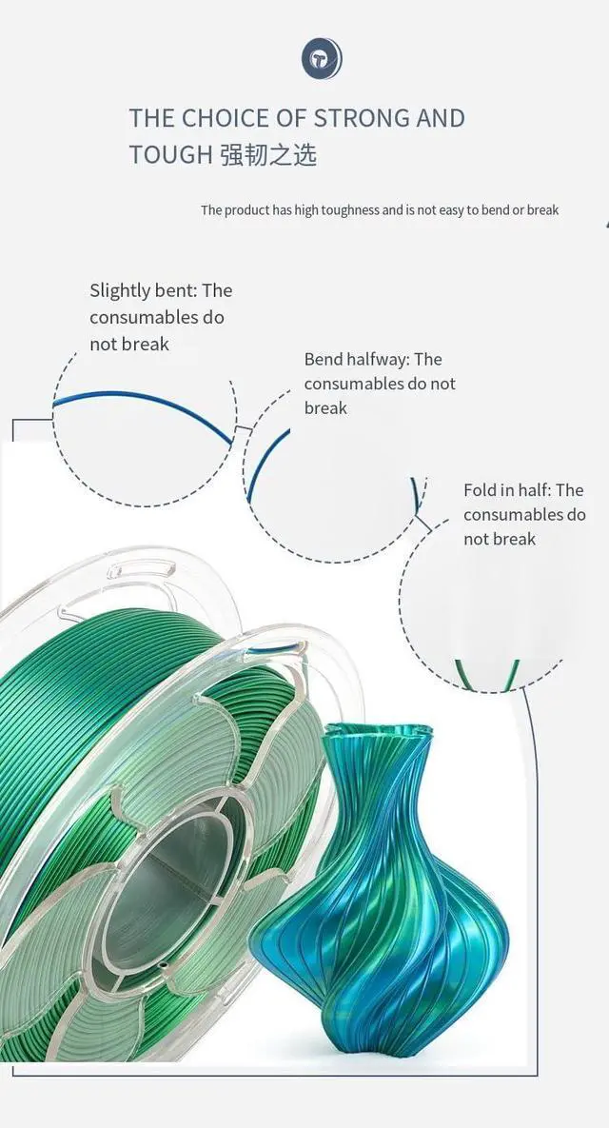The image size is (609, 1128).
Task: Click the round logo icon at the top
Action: point(321,60)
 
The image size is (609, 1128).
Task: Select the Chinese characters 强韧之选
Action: point(268,155)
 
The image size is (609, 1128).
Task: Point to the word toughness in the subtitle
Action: point(337,210)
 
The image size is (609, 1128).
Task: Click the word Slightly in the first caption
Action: point(122,291)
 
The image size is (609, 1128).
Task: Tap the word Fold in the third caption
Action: point(481,490)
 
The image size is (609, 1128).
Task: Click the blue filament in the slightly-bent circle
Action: point(143,409)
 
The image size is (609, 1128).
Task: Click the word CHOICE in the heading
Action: point(227,119)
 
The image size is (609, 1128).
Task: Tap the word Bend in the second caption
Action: point(324,360)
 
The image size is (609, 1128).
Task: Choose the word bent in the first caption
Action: point(174,291)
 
